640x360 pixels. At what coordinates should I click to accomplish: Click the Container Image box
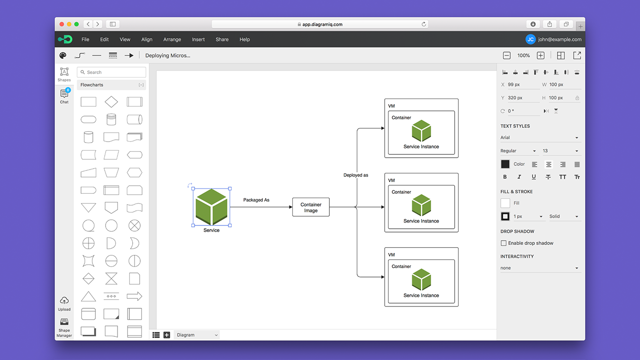point(311,207)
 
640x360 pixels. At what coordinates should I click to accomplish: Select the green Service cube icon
point(211,207)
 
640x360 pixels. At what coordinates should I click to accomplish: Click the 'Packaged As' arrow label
point(256,200)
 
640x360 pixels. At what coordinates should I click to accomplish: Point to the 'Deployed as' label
point(356,175)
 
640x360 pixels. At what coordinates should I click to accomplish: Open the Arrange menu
point(172,39)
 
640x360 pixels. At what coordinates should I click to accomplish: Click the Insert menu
point(198,39)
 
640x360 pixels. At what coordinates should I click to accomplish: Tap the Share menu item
point(222,39)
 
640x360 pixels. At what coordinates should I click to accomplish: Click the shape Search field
point(112,72)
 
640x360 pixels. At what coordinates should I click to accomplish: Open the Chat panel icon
point(64,95)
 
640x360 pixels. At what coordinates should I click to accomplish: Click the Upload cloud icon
point(64,301)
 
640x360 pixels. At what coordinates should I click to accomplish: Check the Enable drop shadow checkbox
point(504,243)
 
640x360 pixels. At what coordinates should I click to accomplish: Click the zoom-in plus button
point(541,55)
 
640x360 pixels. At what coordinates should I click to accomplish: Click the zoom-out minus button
point(506,55)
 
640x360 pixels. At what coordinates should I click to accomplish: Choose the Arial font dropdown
point(540,138)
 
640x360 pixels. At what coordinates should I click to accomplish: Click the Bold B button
point(505,177)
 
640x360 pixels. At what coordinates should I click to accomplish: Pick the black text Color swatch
point(505,164)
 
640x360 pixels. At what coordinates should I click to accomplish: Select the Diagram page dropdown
point(197,335)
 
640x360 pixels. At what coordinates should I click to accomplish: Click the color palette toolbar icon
point(63,55)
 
